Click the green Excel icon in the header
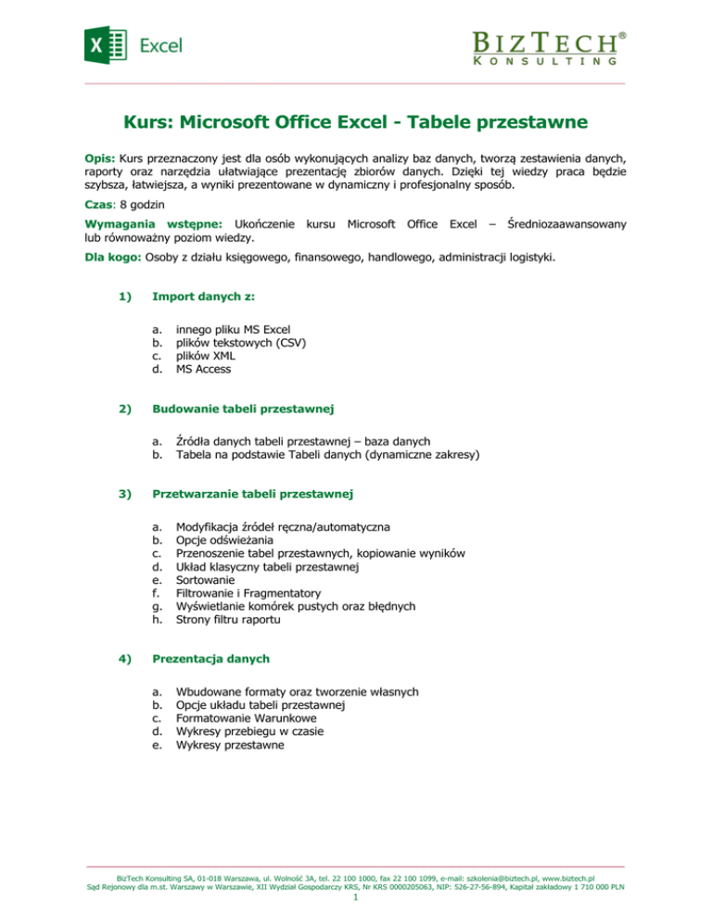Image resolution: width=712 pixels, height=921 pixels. pos(105,44)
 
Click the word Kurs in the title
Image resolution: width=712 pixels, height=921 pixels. pos(151,121)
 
